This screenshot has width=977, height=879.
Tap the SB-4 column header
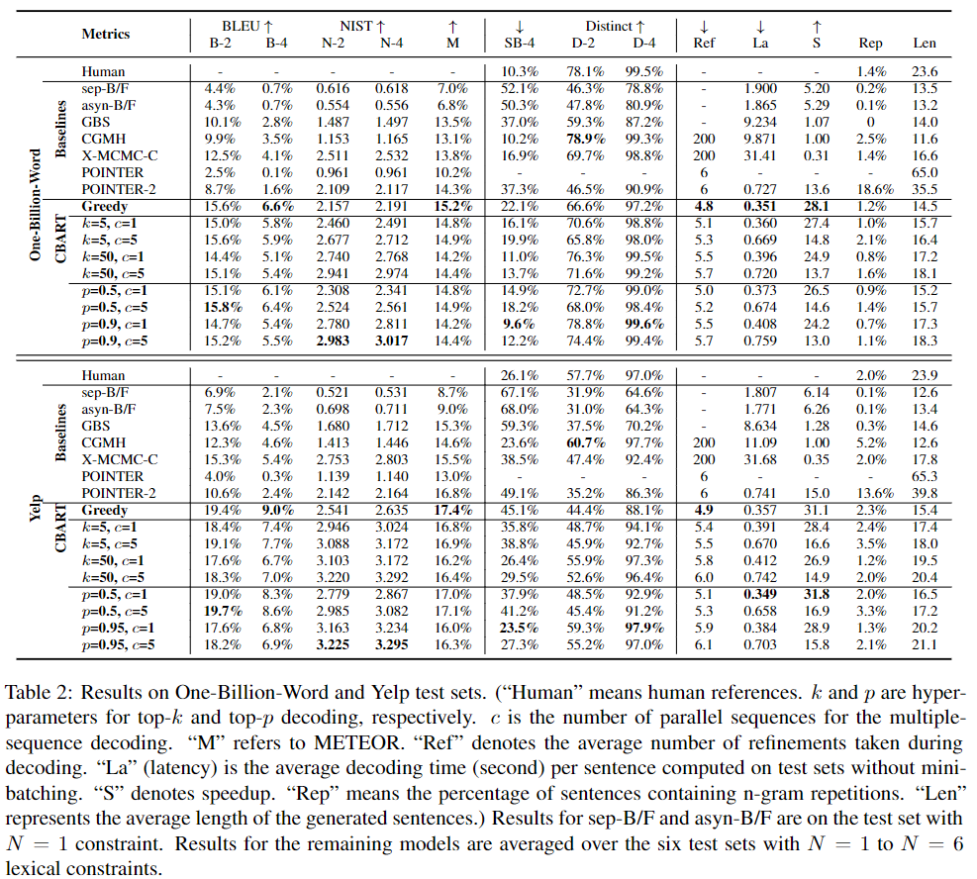click(513, 43)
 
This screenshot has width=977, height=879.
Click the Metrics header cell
click(106, 34)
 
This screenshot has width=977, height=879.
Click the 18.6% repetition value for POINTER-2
click(871, 188)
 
